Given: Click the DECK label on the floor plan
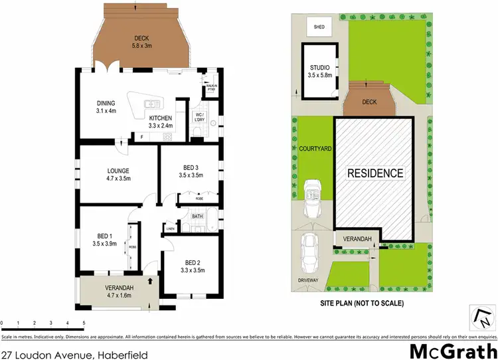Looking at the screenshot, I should (140, 42).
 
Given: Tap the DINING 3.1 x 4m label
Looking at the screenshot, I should (106, 107).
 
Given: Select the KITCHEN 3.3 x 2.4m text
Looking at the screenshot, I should (160, 122).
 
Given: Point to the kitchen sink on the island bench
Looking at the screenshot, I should (151, 104).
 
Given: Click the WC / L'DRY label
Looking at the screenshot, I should (199, 120).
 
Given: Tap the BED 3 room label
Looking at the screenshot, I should (191, 171).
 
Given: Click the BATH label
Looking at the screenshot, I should (197, 216).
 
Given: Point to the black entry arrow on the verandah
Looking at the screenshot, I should (151, 281).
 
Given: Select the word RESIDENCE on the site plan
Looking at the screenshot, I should (376, 173).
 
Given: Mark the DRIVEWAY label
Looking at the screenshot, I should (311, 281).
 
